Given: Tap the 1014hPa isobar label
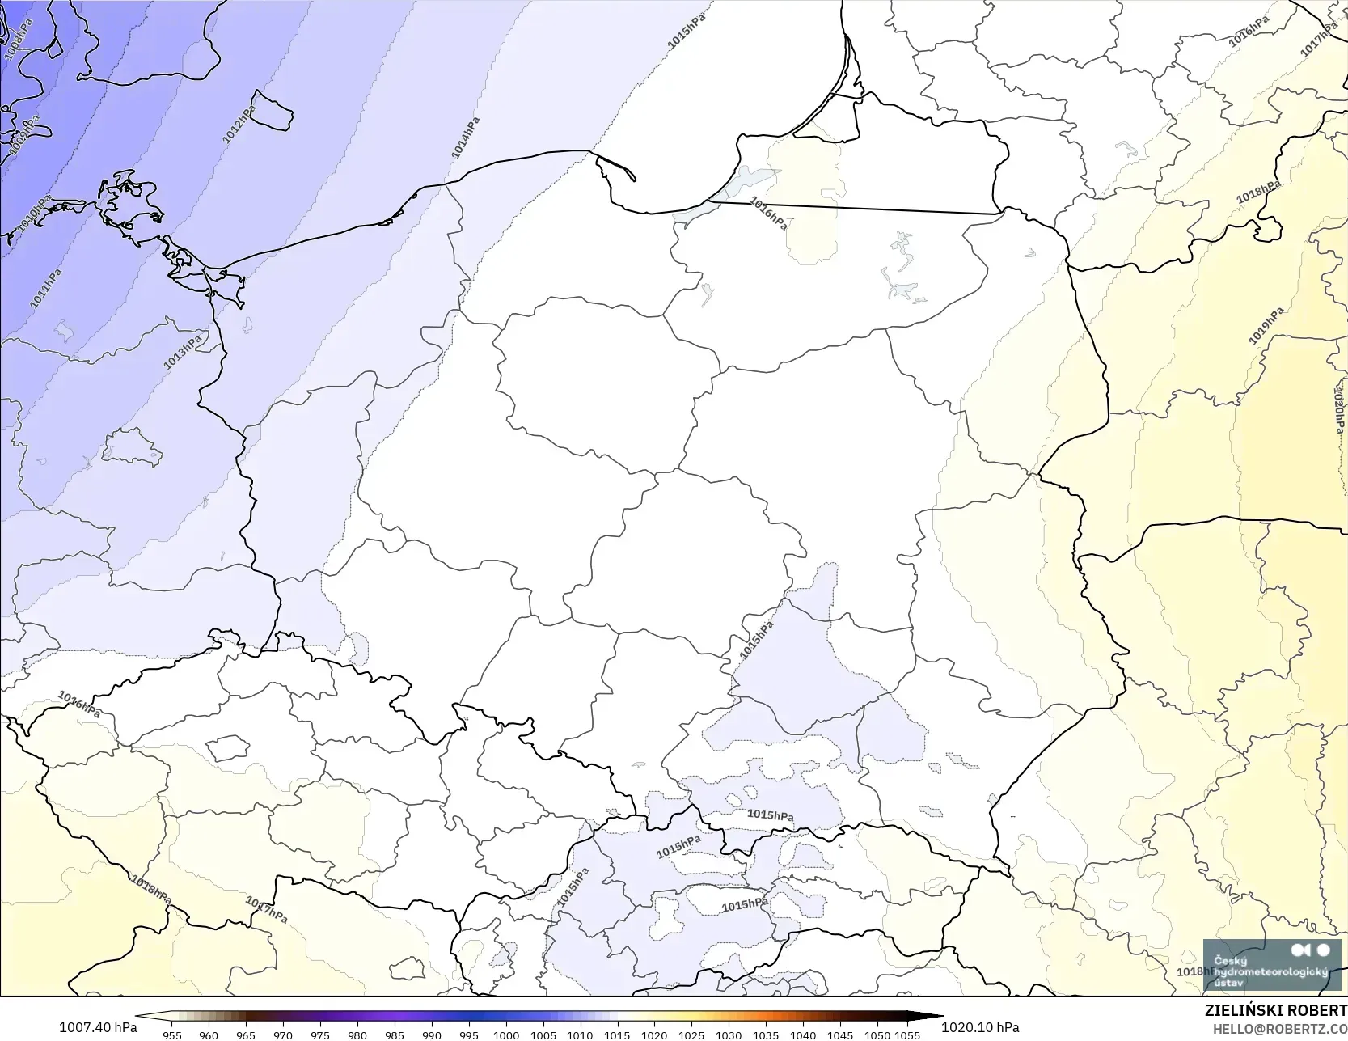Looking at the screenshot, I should point(465,138).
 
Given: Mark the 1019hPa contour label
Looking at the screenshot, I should point(1266,325).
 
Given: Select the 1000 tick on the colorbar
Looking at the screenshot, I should point(506,1035).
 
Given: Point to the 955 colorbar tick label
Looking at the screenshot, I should point(171,1035).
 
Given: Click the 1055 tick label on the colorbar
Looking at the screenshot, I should point(906,1035).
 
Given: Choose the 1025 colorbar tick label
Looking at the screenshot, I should point(691,1035).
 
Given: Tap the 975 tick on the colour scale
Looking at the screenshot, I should point(320,1035).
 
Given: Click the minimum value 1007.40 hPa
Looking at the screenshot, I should point(97,1027).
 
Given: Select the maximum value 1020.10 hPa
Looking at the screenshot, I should point(979,1027).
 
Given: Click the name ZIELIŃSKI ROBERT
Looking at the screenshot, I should point(1275,1011).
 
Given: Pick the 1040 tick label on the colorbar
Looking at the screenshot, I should point(803,1035).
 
